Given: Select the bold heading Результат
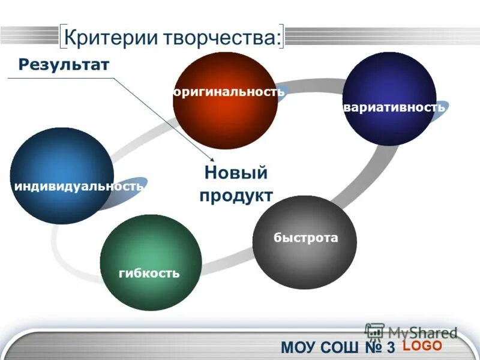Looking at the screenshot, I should click(x=64, y=64).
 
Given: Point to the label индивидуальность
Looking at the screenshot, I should click(x=78, y=186).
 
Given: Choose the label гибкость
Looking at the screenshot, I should click(x=149, y=274).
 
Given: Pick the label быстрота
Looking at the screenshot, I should click(x=306, y=238).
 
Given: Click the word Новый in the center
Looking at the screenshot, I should click(x=235, y=173).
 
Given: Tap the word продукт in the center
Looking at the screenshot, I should click(x=236, y=196).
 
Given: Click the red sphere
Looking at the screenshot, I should click(x=225, y=120).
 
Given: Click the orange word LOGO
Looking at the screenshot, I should click(x=422, y=346).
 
